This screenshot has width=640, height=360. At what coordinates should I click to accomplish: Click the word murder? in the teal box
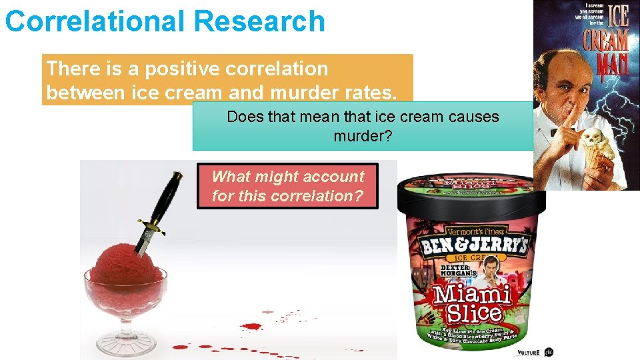click(x=363, y=136)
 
